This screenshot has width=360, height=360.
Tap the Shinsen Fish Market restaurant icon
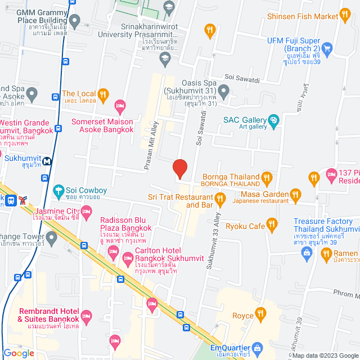pos(348,16)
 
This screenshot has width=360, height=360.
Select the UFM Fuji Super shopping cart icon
pos(328,49)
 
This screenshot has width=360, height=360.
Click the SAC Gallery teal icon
pos(274,119)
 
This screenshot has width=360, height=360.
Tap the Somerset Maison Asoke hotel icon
pos(119,105)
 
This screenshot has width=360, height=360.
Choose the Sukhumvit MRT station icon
pos(47,160)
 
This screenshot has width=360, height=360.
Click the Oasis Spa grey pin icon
pos(224,90)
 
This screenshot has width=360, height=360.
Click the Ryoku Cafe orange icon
pos(273,226)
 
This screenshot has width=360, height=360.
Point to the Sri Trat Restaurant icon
pos(220,197)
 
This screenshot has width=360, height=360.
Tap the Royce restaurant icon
pos(260,313)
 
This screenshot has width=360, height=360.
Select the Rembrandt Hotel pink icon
pos(85,316)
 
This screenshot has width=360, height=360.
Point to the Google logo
pos(18,353)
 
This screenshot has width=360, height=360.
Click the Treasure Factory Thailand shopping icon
pos(307,254)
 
